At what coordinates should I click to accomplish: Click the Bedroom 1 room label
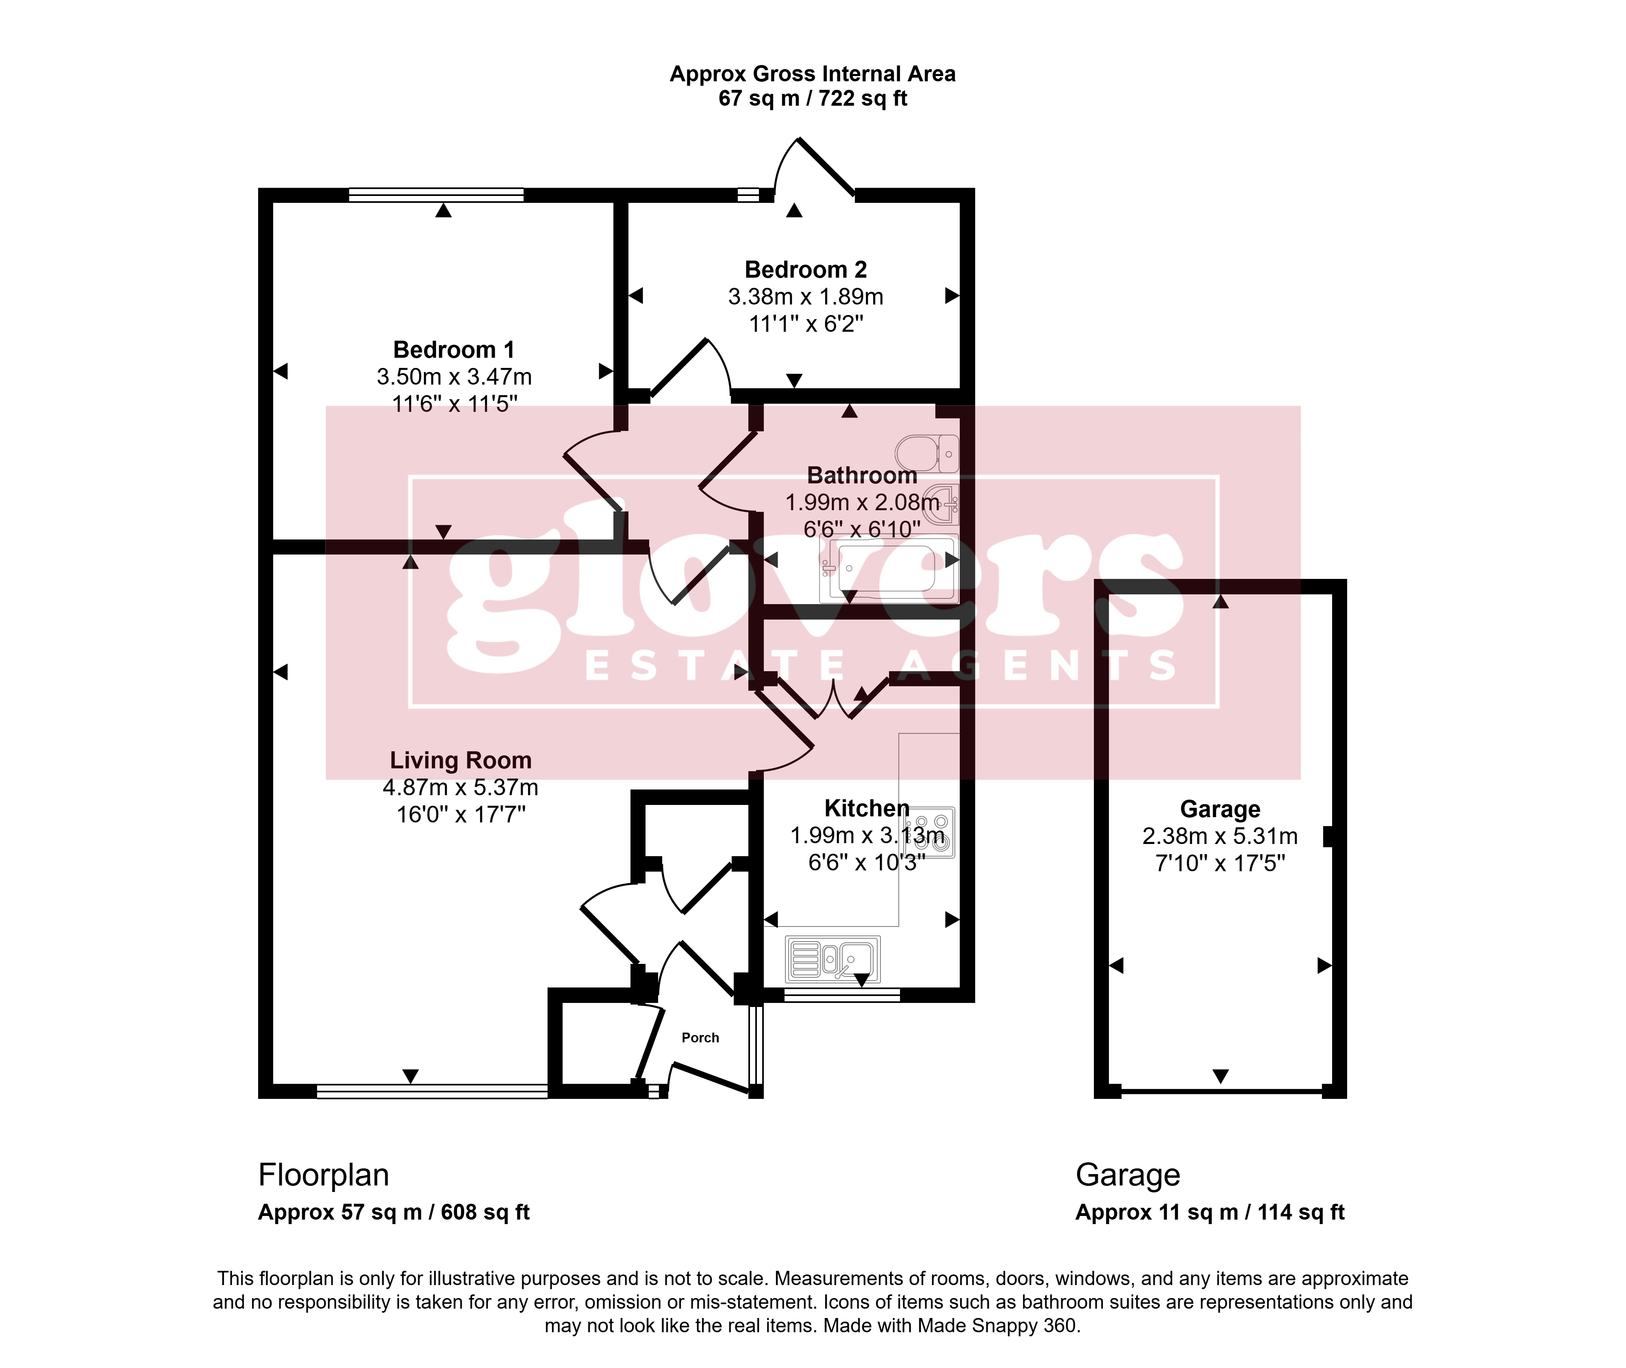(x=454, y=350)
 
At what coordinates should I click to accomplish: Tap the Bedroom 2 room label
(x=806, y=270)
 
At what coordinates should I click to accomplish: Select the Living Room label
(x=461, y=760)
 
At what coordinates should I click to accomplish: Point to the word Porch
(x=700, y=1037)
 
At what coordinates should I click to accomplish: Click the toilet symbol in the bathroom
(x=927, y=454)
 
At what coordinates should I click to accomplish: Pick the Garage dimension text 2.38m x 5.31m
(x=1219, y=836)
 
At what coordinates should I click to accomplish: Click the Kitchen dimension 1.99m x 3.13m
(x=867, y=835)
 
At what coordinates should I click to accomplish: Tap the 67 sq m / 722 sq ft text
(x=813, y=98)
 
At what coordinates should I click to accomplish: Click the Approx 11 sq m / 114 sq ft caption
(x=1210, y=1212)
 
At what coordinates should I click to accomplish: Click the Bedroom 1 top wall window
(x=437, y=195)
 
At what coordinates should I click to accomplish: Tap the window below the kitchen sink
(x=842, y=995)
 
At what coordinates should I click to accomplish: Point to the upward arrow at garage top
(x=1220, y=601)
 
